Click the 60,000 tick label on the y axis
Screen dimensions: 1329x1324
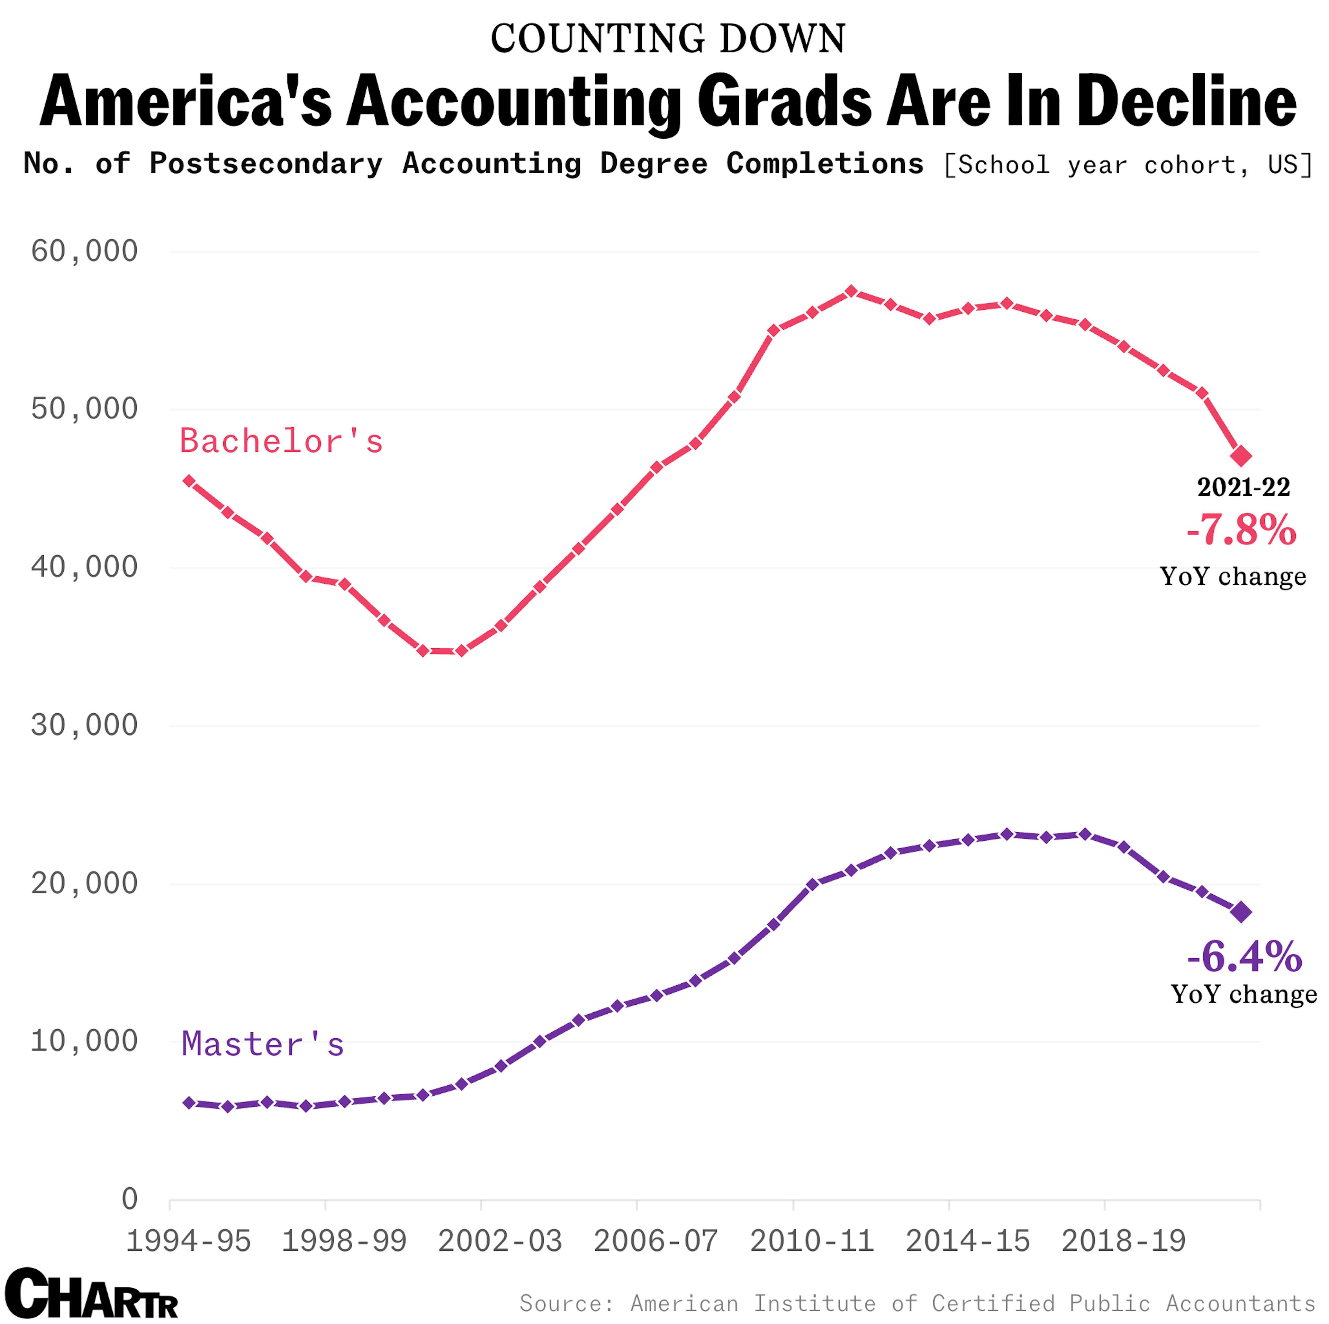(84, 251)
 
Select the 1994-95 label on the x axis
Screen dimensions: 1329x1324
(189, 1241)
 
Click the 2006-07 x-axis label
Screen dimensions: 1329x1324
(656, 1241)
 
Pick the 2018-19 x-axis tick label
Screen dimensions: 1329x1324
(1123, 1241)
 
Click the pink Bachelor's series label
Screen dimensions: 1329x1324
(281, 441)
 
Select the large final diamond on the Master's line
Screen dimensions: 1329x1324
(1241, 912)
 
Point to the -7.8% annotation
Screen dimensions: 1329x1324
(1241, 530)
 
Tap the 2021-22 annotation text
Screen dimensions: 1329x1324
(1243, 487)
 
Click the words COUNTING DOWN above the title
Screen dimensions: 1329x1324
(667, 38)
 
